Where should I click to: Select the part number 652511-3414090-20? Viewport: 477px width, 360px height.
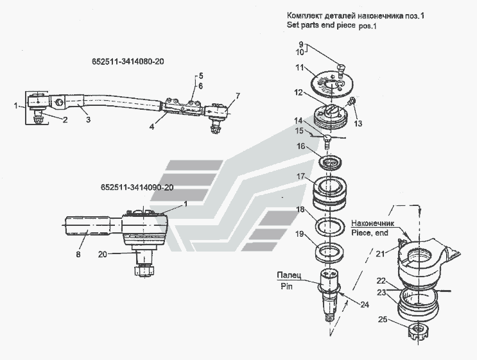click(137, 187)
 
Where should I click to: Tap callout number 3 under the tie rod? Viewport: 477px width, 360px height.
click(89, 120)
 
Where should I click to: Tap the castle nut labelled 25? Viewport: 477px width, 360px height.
click(419, 332)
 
